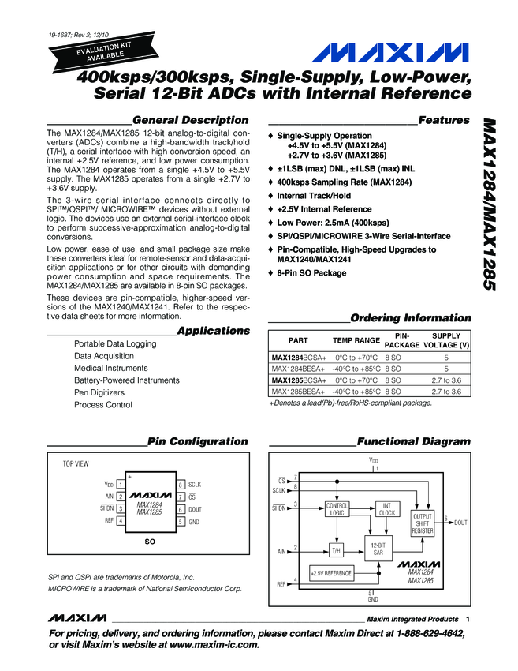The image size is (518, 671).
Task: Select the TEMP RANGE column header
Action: pos(356,340)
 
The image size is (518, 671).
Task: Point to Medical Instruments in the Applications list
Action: pos(110,368)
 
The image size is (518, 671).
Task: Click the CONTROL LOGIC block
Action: pos(337,508)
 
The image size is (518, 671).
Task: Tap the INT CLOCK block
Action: pos(386,508)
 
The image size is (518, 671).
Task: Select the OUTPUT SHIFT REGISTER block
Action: pos(423,523)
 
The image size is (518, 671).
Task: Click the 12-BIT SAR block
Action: pos(378,549)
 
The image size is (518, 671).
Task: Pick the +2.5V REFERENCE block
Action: pos(331,573)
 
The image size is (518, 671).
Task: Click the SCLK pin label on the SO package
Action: pos(196,484)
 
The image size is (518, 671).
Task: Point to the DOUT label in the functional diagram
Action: pos(460,523)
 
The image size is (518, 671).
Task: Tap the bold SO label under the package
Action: pos(150,543)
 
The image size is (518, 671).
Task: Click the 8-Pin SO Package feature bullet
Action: pos(311,273)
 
